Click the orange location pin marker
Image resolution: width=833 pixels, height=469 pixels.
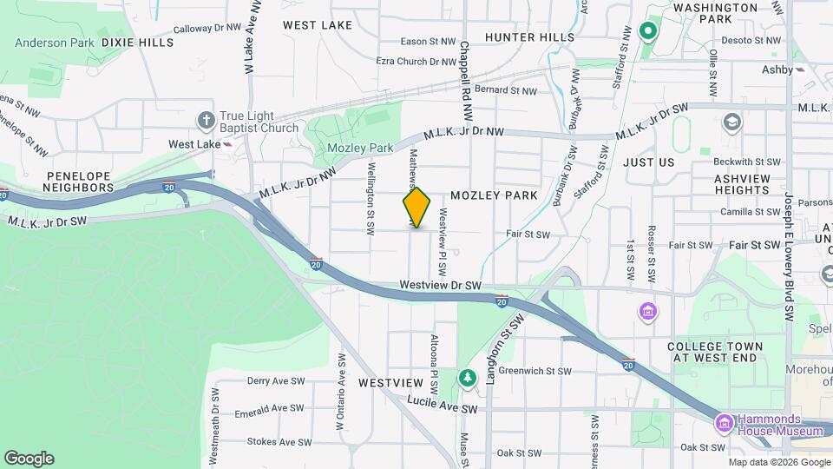pyautogui.click(x=416, y=207)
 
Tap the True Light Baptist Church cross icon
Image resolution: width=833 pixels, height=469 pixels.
pyautogui.click(x=206, y=119)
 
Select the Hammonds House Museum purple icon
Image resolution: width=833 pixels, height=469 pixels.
pyautogui.click(x=724, y=424)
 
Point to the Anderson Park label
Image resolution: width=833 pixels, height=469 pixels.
pyautogui.click(x=54, y=41)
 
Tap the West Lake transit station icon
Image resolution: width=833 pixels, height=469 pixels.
pyautogui.click(x=227, y=144)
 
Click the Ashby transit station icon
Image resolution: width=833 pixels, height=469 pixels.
pyautogui.click(x=801, y=69)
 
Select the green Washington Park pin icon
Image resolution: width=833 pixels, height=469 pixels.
pyautogui.click(x=646, y=33)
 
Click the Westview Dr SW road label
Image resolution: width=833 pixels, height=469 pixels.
pyautogui.click(x=440, y=285)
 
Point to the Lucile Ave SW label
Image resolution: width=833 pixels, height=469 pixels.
pyautogui.click(x=443, y=408)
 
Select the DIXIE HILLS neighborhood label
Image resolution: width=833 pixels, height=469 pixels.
pyautogui.click(x=137, y=42)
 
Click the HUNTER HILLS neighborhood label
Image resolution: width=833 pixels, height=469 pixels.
pyautogui.click(x=529, y=37)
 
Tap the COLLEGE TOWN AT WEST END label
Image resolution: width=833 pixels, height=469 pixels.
pyautogui.click(x=715, y=352)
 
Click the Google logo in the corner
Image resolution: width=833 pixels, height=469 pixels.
pyautogui.click(x=29, y=458)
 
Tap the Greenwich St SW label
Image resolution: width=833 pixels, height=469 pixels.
pyautogui.click(x=535, y=371)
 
